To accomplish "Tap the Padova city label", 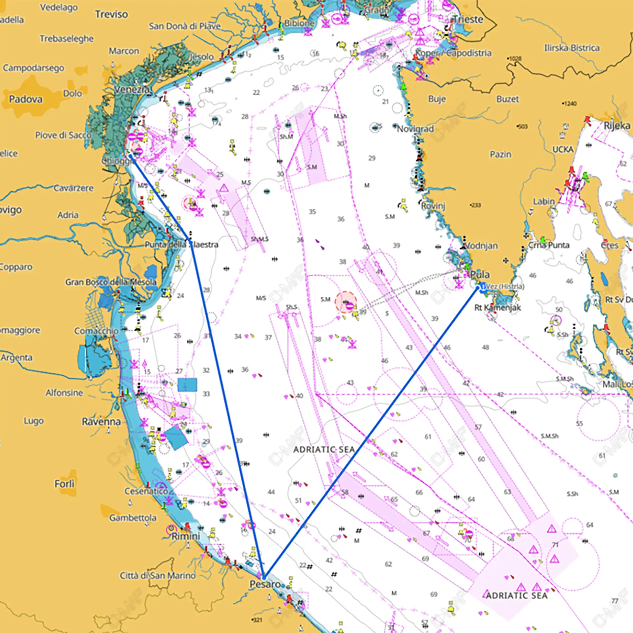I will point(26,99).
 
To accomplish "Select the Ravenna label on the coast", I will point(101,422).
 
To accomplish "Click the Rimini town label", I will point(186,536).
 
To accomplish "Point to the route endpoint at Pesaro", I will point(263,578).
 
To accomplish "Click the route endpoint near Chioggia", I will point(130,156).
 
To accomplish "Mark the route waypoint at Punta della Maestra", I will point(191,243).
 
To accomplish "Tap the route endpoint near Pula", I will point(478,288).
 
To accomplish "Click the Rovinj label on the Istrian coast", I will point(433,206).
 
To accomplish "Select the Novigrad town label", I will point(415,129).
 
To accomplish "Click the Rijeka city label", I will point(617,126).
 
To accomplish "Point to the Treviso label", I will point(111,14).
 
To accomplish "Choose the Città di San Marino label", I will point(158,576).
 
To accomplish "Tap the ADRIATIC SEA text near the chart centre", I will point(324,449).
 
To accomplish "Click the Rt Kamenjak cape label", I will point(497,308).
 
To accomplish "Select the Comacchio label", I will point(96,331).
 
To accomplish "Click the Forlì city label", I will point(64,484).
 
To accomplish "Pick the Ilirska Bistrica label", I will point(572,48).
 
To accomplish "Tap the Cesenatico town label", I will point(146,491).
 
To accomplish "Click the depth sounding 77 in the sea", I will point(615,601).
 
